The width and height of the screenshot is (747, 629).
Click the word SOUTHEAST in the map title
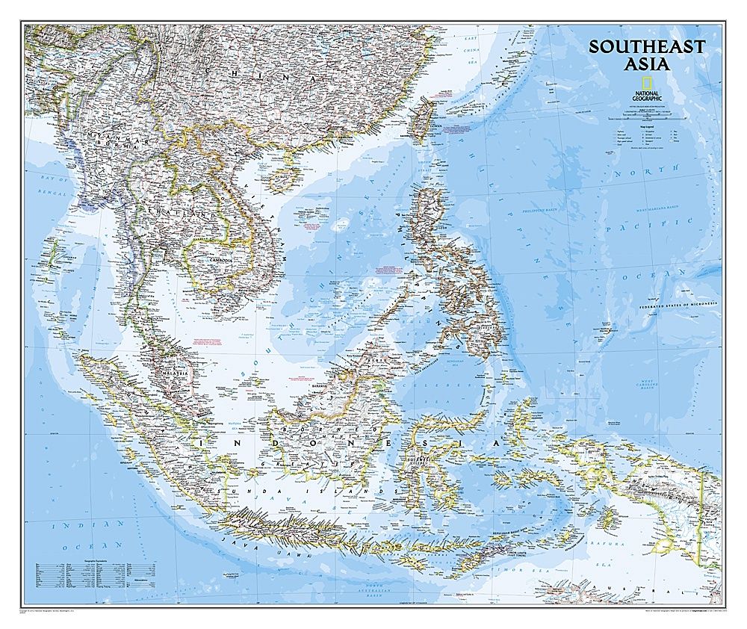pyautogui.click(x=646, y=46)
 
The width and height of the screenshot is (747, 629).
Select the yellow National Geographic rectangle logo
pyautogui.click(x=646, y=82)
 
